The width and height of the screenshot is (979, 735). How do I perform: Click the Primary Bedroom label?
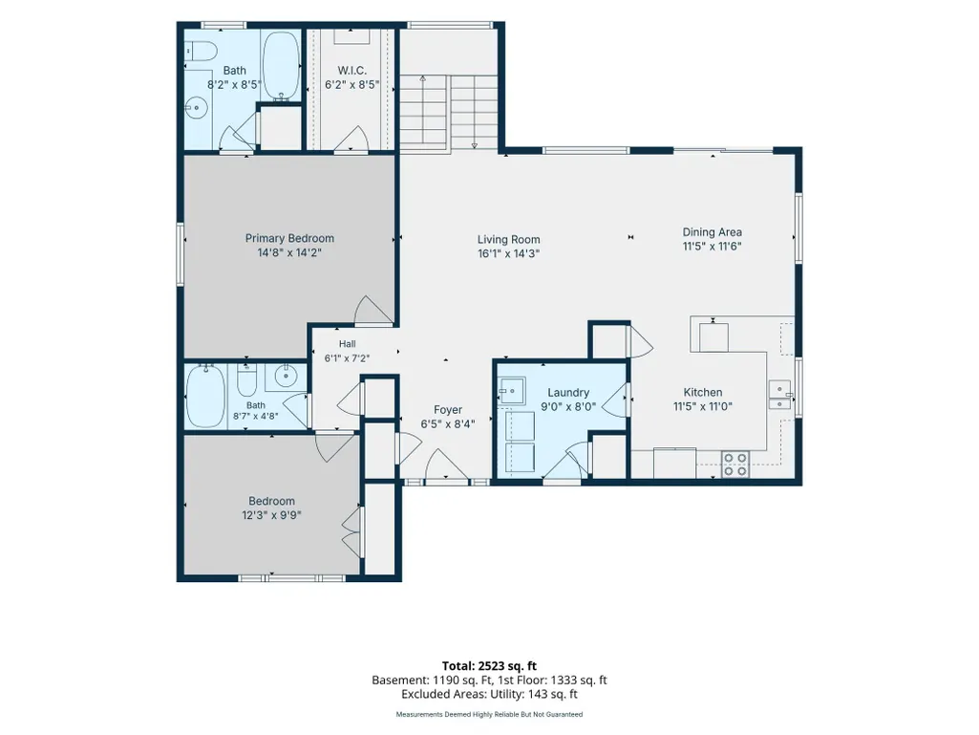(x=289, y=238)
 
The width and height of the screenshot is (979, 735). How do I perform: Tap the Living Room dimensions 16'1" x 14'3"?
(x=508, y=253)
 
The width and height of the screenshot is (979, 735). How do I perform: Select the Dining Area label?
(x=712, y=232)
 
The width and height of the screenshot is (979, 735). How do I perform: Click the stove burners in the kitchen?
(x=734, y=465)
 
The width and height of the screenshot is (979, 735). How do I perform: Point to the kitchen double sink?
(x=779, y=395)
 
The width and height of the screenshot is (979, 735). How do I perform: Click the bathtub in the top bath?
(x=281, y=66)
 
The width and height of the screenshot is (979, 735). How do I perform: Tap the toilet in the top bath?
(x=200, y=50)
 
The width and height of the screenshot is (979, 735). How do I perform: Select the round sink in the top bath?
(x=196, y=108)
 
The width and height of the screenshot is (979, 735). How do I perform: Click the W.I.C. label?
(x=351, y=71)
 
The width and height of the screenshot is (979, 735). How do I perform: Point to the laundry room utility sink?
(x=512, y=391)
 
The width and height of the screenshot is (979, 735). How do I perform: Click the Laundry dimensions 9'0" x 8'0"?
(x=568, y=406)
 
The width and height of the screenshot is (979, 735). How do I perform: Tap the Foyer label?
(x=448, y=409)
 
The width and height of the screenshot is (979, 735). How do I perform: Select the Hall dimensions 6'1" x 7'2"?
(x=347, y=358)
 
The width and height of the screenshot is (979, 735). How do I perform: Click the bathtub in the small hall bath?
(x=205, y=397)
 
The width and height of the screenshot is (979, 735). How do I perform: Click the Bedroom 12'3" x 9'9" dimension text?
(x=271, y=515)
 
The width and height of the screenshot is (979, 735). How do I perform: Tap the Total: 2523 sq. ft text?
(x=489, y=665)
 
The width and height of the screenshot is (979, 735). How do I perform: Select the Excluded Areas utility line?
(x=489, y=694)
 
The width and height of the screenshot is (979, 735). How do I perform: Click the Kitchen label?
(x=702, y=392)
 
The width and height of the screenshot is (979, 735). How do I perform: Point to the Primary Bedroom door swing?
(x=373, y=310)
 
